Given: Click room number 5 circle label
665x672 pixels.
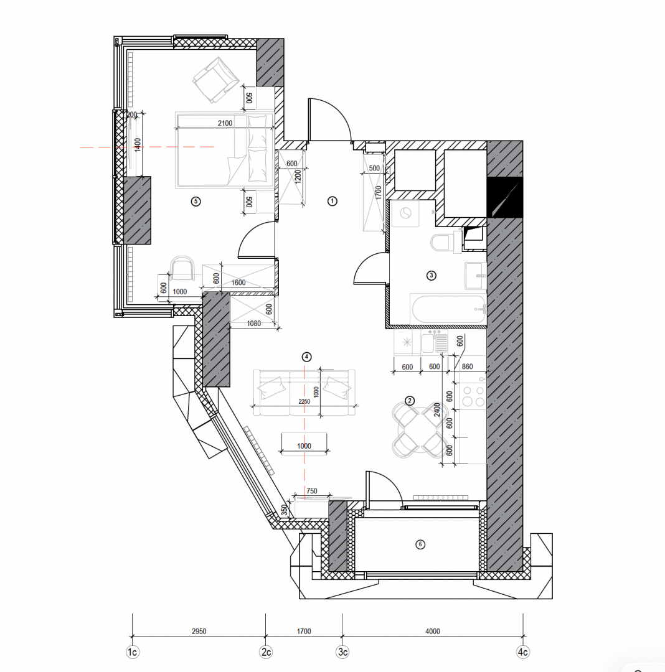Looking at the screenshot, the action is click(196, 202).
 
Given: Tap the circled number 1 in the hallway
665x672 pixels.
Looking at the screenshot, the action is click(332, 201).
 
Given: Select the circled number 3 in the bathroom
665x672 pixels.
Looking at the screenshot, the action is click(432, 276).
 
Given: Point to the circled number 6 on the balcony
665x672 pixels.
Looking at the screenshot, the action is click(420, 544).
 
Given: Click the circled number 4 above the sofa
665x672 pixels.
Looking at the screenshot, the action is click(306, 357).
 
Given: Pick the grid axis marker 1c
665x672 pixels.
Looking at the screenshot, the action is click(133, 652).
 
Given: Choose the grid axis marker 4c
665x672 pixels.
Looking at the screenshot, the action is click(522, 652).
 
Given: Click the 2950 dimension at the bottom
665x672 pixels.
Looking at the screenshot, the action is click(199, 632).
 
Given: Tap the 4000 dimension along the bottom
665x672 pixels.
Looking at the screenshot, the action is click(433, 632).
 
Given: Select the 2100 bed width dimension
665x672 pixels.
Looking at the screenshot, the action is click(225, 123).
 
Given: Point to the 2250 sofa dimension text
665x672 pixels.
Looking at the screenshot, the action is click(304, 401).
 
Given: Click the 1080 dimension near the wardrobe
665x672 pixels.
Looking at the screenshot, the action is click(254, 324).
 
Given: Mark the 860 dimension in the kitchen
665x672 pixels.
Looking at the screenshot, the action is click(468, 366).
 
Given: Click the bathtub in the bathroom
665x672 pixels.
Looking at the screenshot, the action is click(448, 309).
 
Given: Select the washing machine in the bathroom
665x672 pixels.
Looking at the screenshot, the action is click(405, 213).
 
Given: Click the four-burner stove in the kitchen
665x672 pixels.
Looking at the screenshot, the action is click(473, 396).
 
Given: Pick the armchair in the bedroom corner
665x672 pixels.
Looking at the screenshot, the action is click(215, 80).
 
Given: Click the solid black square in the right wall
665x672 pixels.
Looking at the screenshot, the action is click(504, 197).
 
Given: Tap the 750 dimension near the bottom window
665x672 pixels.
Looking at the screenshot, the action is click(312, 491).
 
